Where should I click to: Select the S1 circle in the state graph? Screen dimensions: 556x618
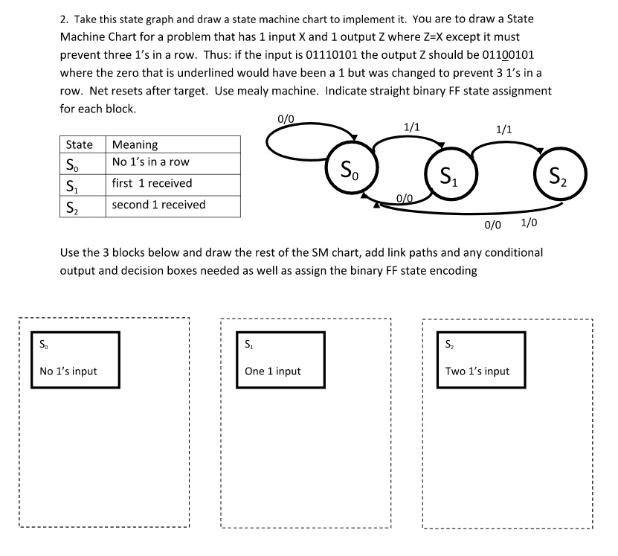tap(448, 176)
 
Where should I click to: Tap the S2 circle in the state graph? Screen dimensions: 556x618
tap(562, 176)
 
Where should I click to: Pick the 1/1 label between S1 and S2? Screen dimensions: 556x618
tap(503, 129)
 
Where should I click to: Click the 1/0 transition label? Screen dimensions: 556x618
tap(530, 223)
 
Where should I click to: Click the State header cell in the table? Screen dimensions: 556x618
tap(80, 144)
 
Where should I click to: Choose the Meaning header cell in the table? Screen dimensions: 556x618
tap(135, 144)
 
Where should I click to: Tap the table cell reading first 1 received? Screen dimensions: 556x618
tap(152, 183)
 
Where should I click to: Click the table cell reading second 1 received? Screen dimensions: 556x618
tap(158, 205)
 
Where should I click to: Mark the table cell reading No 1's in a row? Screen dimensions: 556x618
tap(151, 162)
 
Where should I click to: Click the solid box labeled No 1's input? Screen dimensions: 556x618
tap(75, 360)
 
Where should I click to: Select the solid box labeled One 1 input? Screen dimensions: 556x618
tap(280, 360)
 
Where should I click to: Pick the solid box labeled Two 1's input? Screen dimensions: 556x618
tap(481, 360)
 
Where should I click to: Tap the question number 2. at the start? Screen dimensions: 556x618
tap(65, 19)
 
